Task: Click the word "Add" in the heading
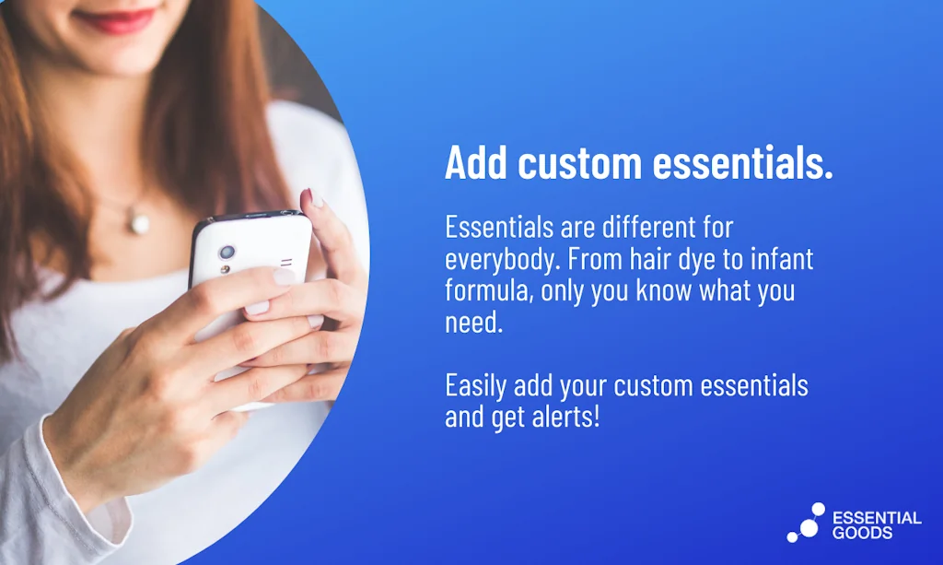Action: [x=476, y=162]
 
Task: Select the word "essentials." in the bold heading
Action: [x=743, y=162]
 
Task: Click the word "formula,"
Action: [x=488, y=290]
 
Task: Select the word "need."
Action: [x=474, y=322]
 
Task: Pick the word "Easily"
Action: [x=476, y=385]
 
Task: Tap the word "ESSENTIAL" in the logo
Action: [x=877, y=517]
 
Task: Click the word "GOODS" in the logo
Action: [x=862, y=533]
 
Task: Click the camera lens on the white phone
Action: [x=227, y=253]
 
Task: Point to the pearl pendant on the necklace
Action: [x=140, y=224]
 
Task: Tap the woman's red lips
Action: [x=115, y=20]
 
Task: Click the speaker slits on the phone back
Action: [x=286, y=263]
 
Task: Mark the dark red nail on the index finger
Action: [x=308, y=197]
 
